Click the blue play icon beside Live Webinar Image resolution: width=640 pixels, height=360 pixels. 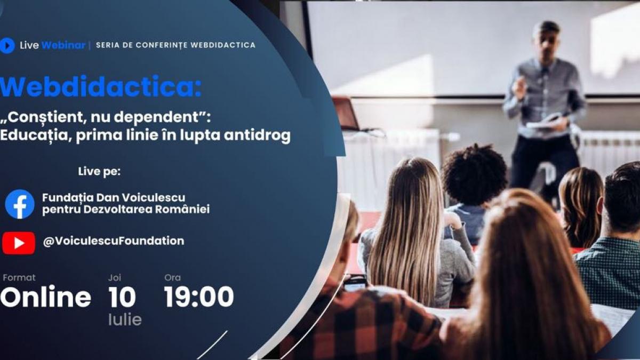click(7, 45)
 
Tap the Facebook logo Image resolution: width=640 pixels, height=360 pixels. click(20, 204)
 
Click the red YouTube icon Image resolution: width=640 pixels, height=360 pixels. click(19, 243)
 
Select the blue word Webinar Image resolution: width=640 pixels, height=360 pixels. click(63, 45)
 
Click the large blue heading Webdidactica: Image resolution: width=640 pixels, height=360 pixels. click(101, 87)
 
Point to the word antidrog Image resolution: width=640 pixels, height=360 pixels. click(261, 136)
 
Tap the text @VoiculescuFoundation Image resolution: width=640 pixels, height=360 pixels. click(114, 241)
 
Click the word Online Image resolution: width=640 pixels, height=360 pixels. click(46, 297)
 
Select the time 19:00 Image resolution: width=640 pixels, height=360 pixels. click(198, 297)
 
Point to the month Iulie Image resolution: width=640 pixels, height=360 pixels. click(125, 320)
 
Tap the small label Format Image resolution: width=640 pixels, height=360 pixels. click(19, 277)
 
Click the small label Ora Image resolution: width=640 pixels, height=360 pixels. click(172, 277)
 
